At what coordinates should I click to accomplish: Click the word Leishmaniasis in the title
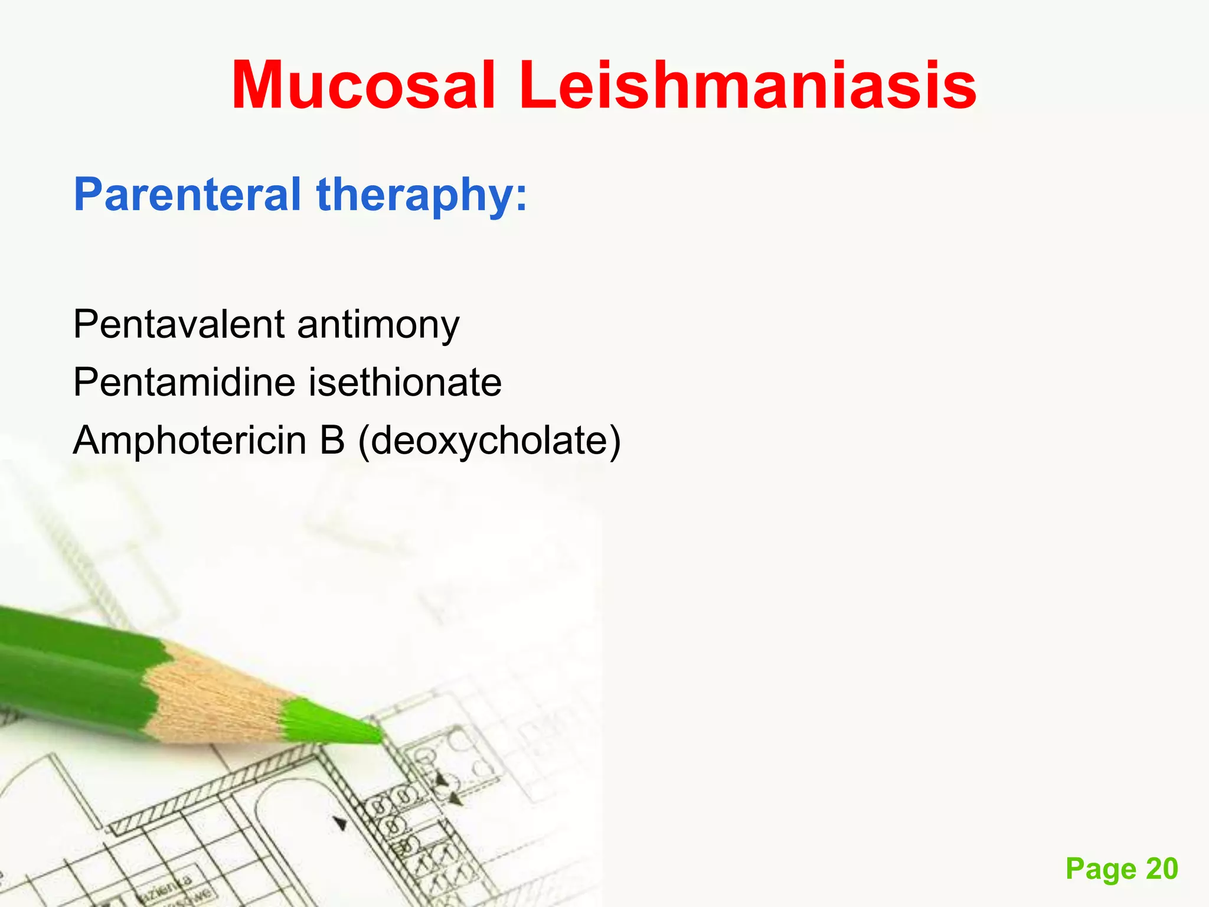click(747, 86)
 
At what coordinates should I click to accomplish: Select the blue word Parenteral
click(187, 195)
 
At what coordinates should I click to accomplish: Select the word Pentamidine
click(184, 383)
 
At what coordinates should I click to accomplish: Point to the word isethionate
click(405, 383)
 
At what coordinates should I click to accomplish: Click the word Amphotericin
click(189, 441)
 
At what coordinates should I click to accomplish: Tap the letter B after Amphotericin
click(332, 441)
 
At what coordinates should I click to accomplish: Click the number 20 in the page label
click(1162, 869)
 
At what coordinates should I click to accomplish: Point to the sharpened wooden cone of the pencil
click(218, 697)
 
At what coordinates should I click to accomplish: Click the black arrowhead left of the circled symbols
click(341, 823)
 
